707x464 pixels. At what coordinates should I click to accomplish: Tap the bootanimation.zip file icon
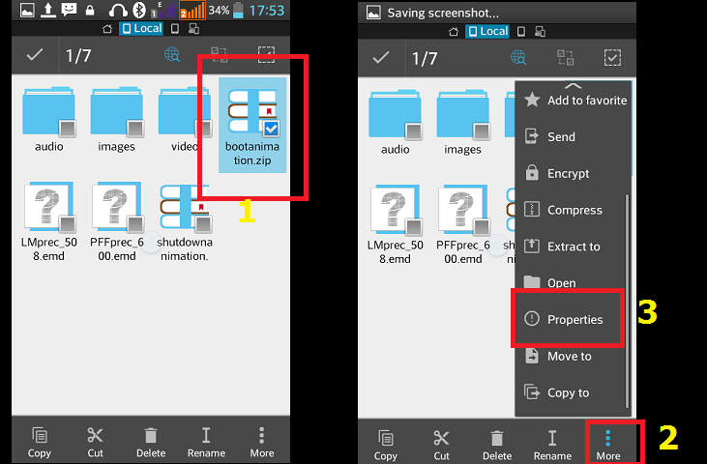pyautogui.click(x=252, y=111)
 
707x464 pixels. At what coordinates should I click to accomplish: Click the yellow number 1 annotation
pyautogui.click(x=247, y=212)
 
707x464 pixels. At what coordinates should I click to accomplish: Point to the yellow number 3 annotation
pyautogui.click(x=647, y=311)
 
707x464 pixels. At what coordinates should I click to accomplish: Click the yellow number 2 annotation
pyautogui.click(x=668, y=438)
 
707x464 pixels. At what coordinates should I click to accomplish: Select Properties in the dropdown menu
pyautogui.click(x=574, y=319)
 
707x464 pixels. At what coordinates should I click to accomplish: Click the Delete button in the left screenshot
pyautogui.click(x=151, y=443)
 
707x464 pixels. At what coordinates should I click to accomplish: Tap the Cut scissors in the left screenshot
pyautogui.click(x=95, y=443)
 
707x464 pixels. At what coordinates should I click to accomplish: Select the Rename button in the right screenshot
pyautogui.click(x=552, y=445)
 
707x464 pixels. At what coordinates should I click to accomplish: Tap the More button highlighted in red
pyautogui.click(x=607, y=445)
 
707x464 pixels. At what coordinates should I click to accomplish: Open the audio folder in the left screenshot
pyautogui.click(x=48, y=111)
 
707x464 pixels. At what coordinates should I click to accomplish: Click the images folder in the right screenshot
pyautogui.click(x=462, y=114)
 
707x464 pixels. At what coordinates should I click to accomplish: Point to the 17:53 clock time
pyautogui.click(x=267, y=11)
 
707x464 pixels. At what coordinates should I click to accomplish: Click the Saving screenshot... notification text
pyautogui.click(x=443, y=14)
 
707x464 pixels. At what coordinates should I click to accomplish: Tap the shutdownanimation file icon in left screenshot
pyautogui.click(x=185, y=206)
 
